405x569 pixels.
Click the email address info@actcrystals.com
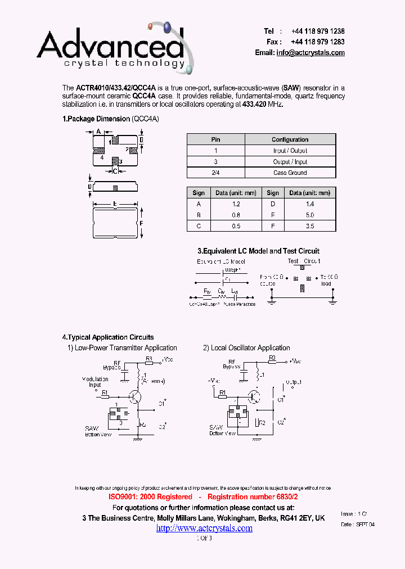(310, 52)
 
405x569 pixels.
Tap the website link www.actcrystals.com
(204, 528)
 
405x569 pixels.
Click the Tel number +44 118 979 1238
(318, 31)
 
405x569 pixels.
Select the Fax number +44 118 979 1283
(318, 42)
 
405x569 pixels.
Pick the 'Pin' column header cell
(215, 139)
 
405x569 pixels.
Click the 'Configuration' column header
(290, 139)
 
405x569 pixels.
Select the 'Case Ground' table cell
(290, 173)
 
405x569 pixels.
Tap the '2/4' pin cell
(215, 173)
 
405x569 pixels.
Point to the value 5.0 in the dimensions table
(309, 215)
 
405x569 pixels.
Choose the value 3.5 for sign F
(309, 226)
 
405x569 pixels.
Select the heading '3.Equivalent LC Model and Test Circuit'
(258, 251)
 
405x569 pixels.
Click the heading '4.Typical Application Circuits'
(108, 337)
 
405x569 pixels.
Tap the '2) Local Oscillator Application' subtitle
(246, 348)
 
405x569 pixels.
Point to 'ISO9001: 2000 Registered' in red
(150, 497)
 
